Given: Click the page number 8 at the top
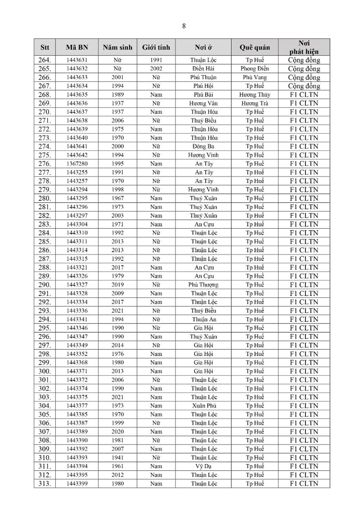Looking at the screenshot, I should pos(184,26).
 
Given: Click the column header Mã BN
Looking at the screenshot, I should pos(76,47).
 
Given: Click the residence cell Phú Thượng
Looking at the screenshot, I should pos(204,285).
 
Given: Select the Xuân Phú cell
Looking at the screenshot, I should pos(204,406).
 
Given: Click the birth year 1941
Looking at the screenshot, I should pos(117,458).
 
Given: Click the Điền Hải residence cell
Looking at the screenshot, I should pos(204,69).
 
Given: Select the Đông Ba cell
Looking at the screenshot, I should pos(204,147).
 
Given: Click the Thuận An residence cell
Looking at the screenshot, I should pos(204,320).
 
